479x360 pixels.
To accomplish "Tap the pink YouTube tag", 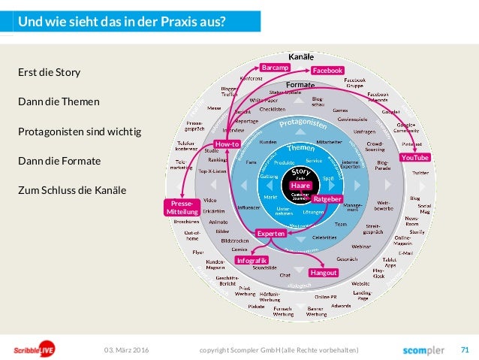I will point(415,158).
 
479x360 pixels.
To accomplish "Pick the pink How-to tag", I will point(227,144).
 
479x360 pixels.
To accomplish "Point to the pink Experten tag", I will point(271,234).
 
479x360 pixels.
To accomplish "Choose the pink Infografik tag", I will point(252,260).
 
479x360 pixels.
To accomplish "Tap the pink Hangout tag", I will point(324,273).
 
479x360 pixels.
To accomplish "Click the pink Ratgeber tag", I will point(327,198).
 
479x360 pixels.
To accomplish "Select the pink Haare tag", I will point(300,186).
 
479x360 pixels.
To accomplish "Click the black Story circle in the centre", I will point(300,174).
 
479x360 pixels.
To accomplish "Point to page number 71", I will point(465,349).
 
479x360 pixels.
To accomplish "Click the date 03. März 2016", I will point(127,350).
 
